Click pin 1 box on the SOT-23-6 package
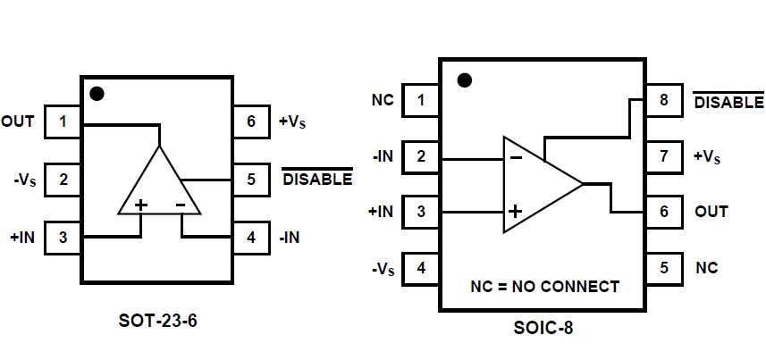63,121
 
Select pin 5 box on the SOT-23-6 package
251,179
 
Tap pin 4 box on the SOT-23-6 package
251,238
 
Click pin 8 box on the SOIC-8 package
663,100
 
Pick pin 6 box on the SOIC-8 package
663,212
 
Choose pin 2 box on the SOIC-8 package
420,156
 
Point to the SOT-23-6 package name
157,319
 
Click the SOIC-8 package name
542,328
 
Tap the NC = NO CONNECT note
544,287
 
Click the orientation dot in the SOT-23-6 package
97,93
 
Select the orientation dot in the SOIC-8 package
464,80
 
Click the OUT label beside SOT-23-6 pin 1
18,121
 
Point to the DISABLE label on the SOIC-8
728,102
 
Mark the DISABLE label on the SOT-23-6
317,180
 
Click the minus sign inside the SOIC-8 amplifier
516,157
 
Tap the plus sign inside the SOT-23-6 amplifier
140,205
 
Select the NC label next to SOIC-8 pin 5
706,267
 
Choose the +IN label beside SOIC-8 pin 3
380,212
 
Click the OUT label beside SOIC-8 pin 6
711,212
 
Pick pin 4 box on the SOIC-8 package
420,267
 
